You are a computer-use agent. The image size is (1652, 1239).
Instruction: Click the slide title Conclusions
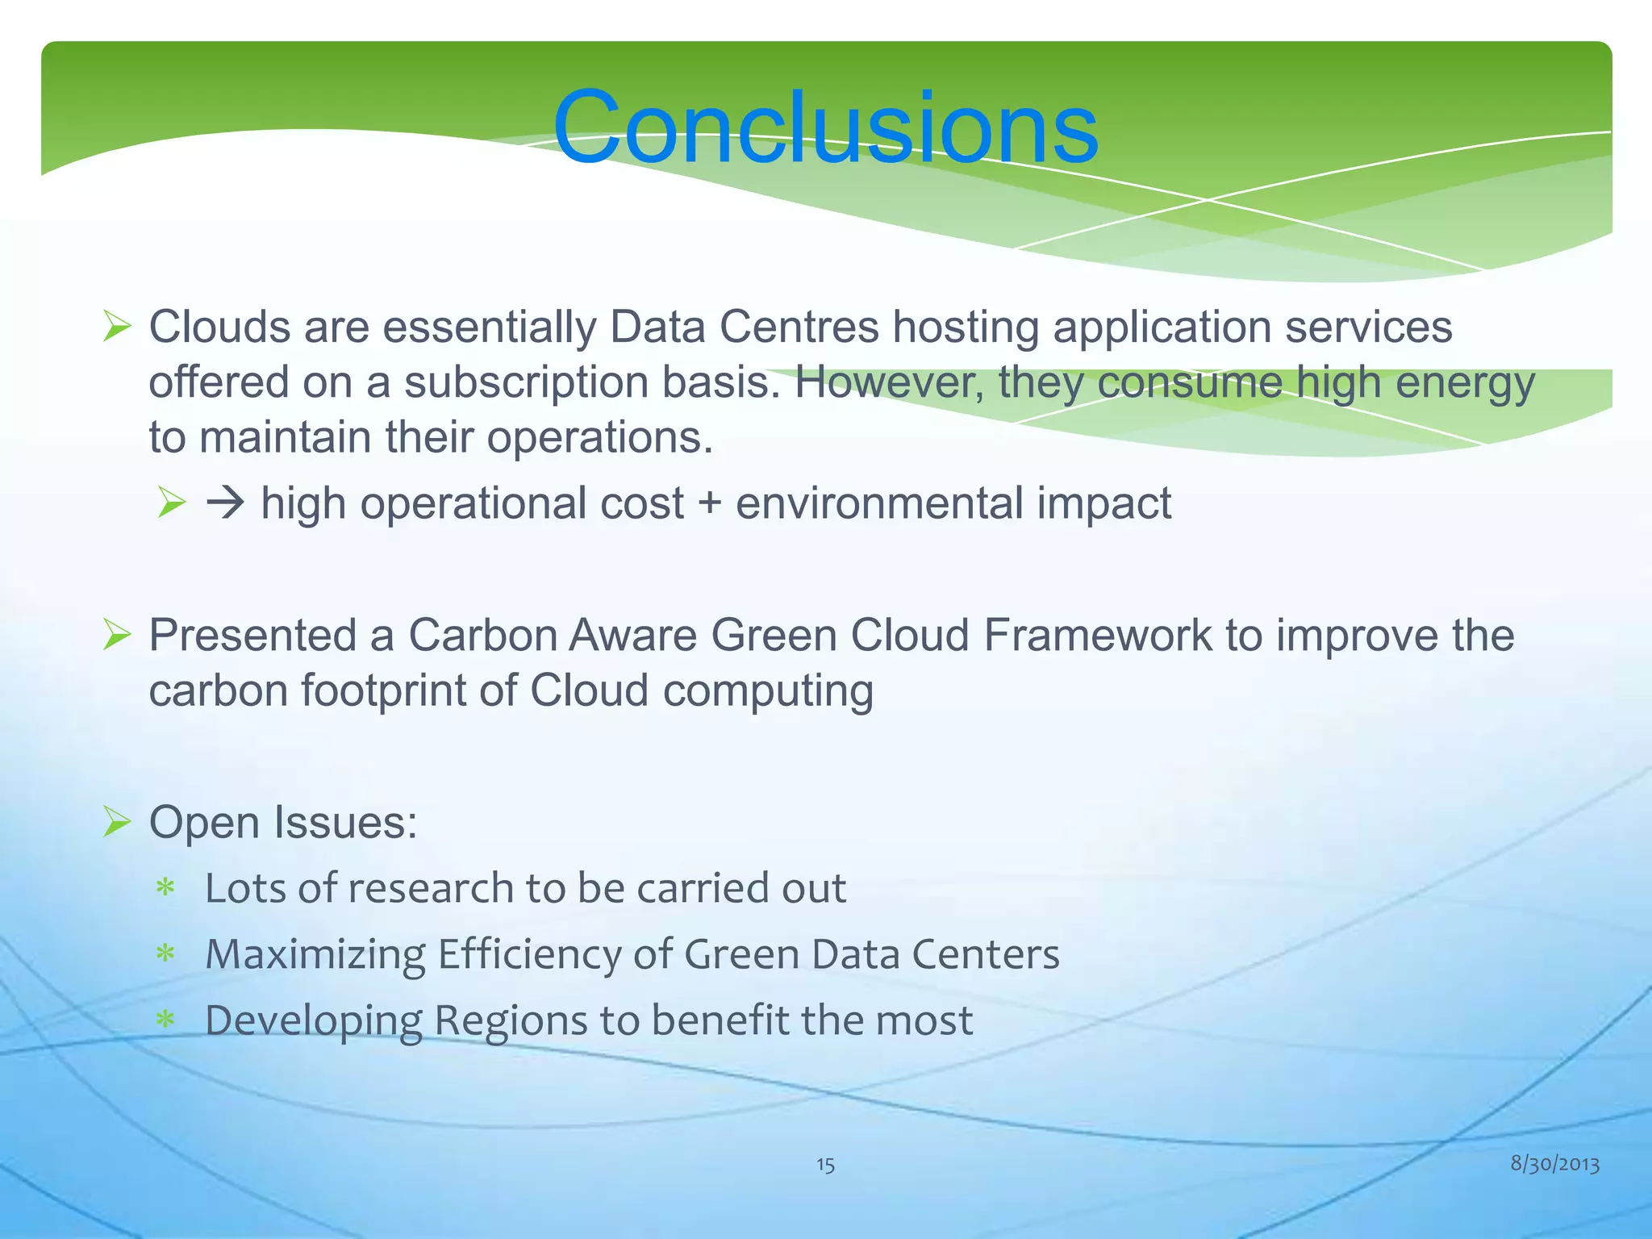pyautogui.click(x=824, y=127)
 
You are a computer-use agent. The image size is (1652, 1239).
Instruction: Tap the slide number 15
pyautogui.click(x=825, y=1165)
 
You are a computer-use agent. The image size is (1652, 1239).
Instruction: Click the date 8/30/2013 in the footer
pyautogui.click(x=1554, y=1163)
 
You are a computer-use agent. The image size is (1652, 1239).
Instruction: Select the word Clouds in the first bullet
pyautogui.click(x=219, y=327)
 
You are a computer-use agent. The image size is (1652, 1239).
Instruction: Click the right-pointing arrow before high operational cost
pyautogui.click(x=225, y=504)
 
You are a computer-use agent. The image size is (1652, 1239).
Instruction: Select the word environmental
pyautogui.click(x=879, y=504)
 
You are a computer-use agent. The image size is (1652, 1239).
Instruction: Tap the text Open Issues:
pyautogui.click(x=283, y=823)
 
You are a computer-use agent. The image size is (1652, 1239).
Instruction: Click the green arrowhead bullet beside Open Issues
pyautogui.click(x=118, y=824)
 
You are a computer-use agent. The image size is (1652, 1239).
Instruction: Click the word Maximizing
pyautogui.click(x=315, y=955)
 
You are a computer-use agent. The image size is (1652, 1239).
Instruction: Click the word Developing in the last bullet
pyautogui.click(x=314, y=1021)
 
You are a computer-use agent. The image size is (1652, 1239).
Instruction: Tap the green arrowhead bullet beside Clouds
pyautogui.click(x=118, y=328)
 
